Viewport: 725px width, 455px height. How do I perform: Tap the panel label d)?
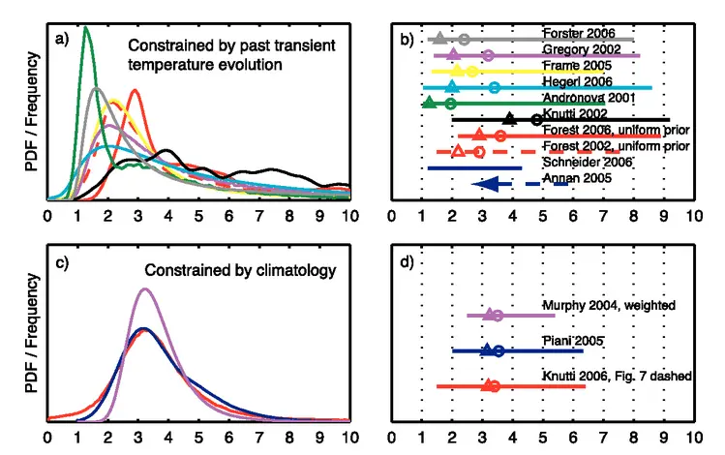408,259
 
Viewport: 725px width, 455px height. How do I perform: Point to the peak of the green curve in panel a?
86,27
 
